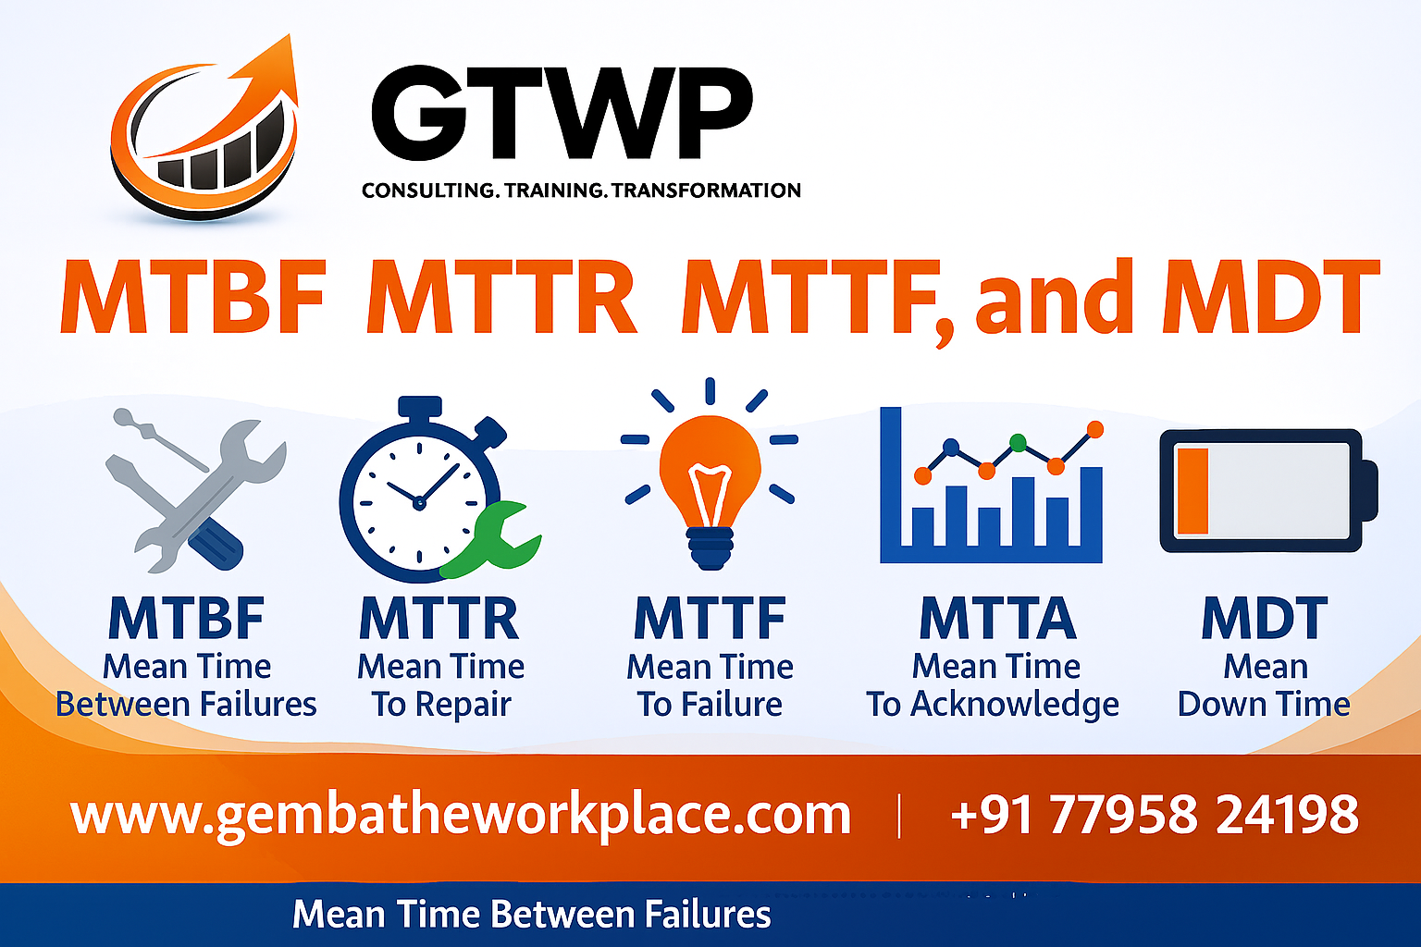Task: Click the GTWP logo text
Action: [562, 115]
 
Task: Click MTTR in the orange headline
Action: [501, 298]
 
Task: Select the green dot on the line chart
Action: [1019, 442]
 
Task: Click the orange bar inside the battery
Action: [1192, 490]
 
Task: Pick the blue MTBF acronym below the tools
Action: [186, 619]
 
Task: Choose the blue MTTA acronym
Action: [997, 619]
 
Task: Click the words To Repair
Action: [441, 705]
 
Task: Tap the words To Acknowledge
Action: [993, 705]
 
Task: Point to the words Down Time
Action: [1264, 705]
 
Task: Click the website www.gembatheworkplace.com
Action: [460, 815]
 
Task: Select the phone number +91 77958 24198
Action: [1154, 815]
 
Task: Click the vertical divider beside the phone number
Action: [899, 816]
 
